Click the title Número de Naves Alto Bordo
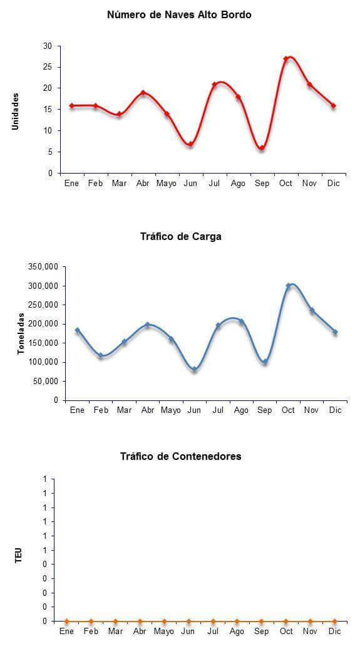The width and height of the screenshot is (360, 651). point(179,15)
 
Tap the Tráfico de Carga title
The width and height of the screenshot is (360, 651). point(181,237)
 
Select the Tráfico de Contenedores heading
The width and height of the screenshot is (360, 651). point(181,457)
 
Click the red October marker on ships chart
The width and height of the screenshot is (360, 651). point(285,58)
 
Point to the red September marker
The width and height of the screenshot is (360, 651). point(262,148)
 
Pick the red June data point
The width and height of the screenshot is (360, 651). point(190,144)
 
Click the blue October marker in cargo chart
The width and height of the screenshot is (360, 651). point(288,286)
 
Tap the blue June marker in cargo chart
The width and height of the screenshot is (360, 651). point(195,369)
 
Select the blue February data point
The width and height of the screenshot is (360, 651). point(101,355)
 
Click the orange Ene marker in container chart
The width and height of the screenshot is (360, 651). point(67,622)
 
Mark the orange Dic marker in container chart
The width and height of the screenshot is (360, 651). point(334,622)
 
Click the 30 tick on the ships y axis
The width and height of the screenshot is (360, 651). point(48,46)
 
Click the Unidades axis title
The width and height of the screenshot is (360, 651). point(16,112)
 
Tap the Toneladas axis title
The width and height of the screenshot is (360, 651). point(21,333)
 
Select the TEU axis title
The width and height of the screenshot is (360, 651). point(18,556)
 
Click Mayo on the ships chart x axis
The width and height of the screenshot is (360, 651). point(167,184)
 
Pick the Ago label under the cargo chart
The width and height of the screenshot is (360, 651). point(241,410)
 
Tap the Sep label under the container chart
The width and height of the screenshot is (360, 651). point(261,632)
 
